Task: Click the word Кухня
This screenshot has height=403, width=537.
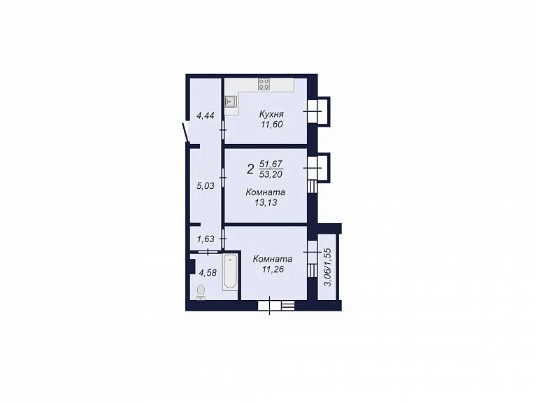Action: (271, 114)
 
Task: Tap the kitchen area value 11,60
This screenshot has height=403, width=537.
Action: (272, 125)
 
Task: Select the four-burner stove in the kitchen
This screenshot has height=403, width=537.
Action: (264, 84)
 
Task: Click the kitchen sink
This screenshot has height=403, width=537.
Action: (231, 101)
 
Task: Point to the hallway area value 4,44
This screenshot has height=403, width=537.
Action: (205, 116)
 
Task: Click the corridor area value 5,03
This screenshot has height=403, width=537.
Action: (205, 186)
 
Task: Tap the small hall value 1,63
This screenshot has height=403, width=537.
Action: (206, 239)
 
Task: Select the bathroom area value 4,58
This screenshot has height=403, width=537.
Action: (208, 273)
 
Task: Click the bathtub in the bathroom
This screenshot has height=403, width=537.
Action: (230, 272)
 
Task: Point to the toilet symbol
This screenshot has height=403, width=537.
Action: (201, 292)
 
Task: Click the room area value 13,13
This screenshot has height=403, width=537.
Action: (266, 202)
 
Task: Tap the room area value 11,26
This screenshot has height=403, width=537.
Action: (273, 269)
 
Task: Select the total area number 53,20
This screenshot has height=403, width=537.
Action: (271, 174)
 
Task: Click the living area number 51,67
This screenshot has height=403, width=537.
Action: (271, 164)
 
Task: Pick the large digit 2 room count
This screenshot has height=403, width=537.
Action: (251, 169)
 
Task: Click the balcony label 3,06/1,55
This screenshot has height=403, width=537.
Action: (328, 267)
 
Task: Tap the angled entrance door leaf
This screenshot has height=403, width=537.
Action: (185, 132)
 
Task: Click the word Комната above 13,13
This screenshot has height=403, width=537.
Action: (266, 192)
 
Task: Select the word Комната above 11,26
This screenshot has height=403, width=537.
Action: (273, 259)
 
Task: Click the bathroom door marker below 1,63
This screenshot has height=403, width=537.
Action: (208, 252)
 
